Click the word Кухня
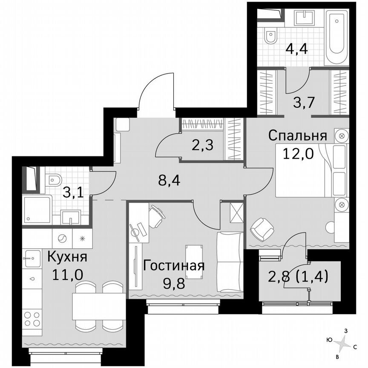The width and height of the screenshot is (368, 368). click(x=67, y=257)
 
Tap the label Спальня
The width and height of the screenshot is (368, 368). click(x=297, y=136)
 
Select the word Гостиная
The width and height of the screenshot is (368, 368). click(x=174, y=265)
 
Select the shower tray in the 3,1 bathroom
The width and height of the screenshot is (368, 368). click(x=37, y=210)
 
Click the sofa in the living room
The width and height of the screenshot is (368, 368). click(x=230, y=262)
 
